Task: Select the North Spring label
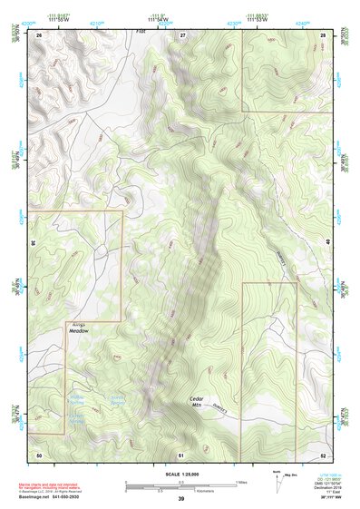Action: coord(117,400)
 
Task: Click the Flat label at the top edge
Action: coord(141,31)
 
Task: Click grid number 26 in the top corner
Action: coord(39,34)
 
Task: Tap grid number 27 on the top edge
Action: coord(182,34)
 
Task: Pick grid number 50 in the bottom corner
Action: coord(39,453)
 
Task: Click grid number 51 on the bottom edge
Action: coord(181,453)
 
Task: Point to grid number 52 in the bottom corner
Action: coord(323,453)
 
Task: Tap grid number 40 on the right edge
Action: coord(328,243)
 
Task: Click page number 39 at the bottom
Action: coord(180,499)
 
